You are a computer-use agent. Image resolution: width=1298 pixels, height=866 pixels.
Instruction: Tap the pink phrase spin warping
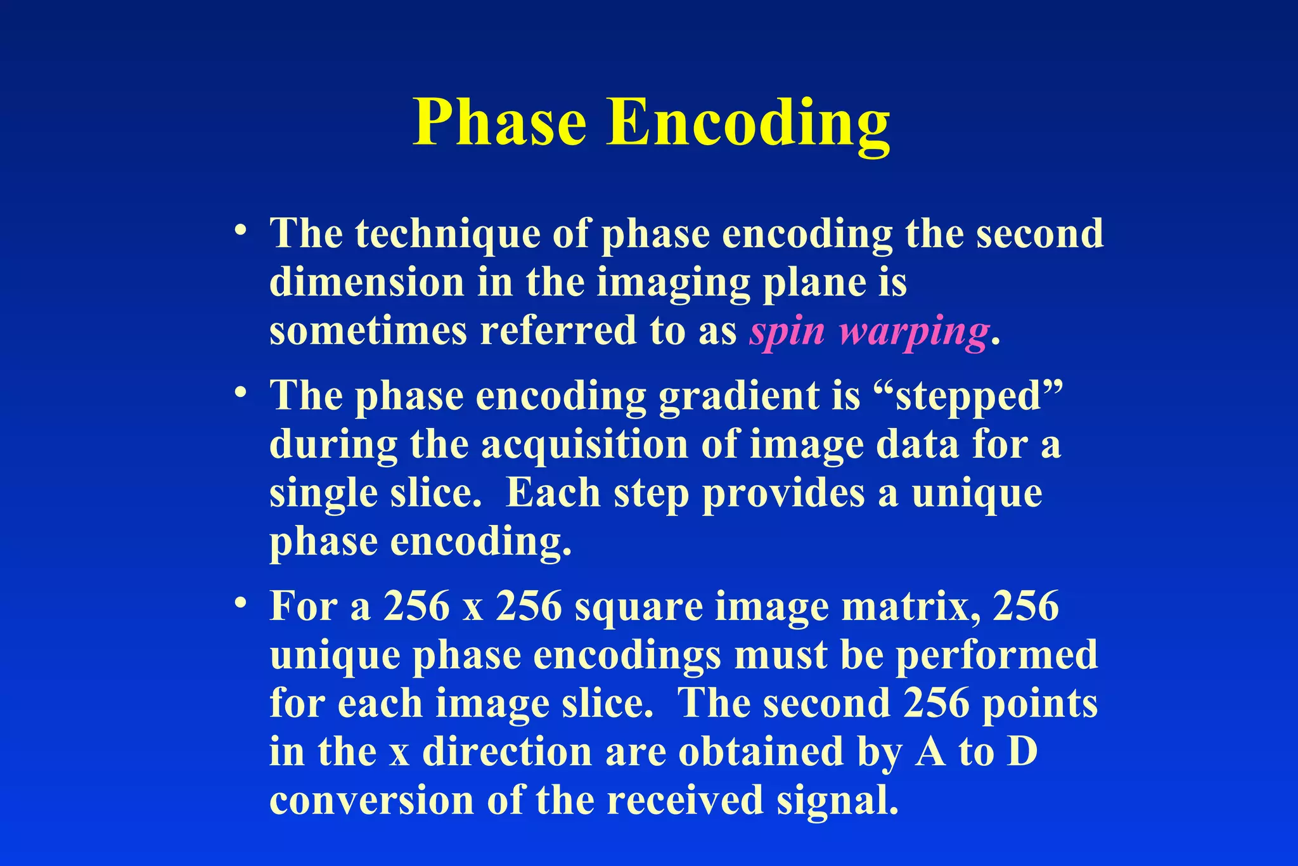point(868,331)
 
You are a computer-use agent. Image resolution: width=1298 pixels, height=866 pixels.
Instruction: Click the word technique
point(447,233)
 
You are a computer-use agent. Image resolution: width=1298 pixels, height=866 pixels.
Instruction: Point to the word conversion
point(371,800)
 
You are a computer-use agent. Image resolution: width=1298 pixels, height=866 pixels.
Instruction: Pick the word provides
point(783,493)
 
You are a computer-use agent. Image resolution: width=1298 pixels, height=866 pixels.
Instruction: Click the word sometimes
point(368,331)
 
